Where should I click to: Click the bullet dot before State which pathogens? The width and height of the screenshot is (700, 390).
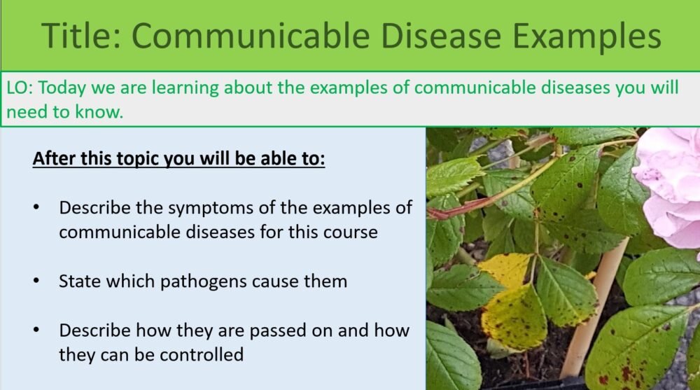(36, 281)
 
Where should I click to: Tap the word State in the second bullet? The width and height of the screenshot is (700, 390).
(78, 281)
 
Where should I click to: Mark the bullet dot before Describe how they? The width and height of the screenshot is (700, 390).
(36, 330)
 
